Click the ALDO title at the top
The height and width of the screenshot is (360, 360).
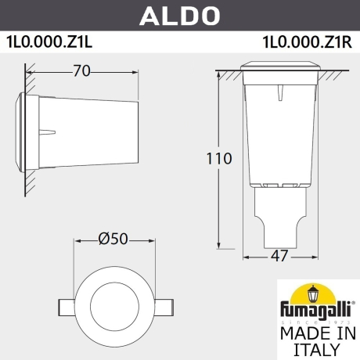click(179, 15)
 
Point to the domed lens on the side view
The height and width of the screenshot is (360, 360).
click(20, 124)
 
